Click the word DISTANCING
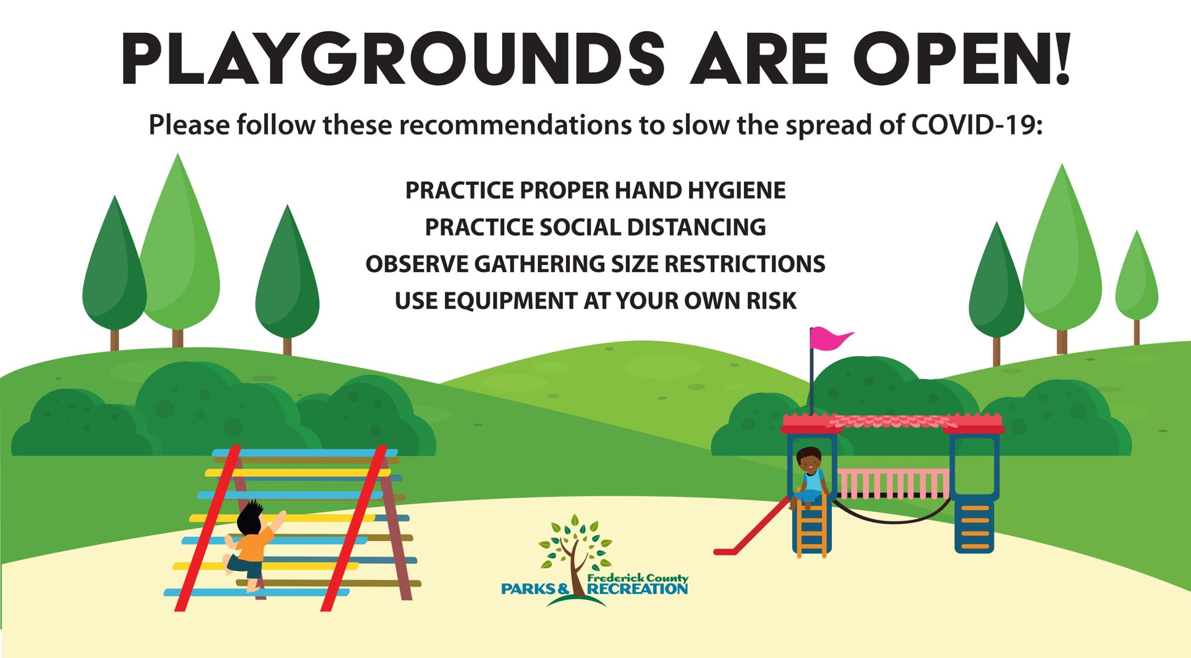tap(696, 227)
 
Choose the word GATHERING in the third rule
tap(540, 264)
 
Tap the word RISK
tap(771, 301)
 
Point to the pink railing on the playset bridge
tap(893, 483)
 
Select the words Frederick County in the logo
tap(638, 577)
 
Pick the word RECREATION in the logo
tap(637, 589)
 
